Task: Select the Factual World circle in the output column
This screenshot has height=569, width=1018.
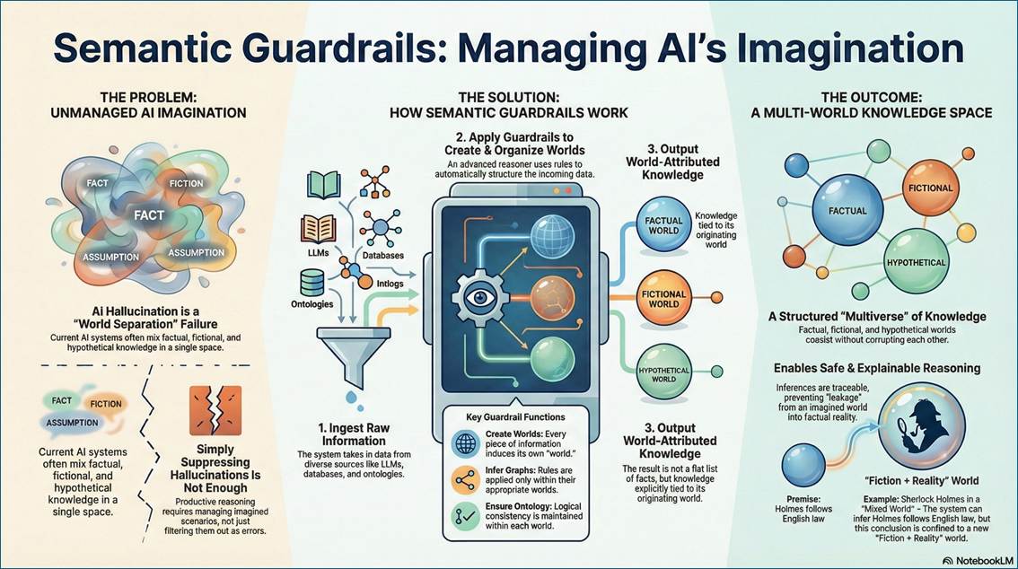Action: (663, 225)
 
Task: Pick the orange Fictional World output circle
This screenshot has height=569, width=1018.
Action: (663, 298)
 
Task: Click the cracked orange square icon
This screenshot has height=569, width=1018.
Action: (215, 409)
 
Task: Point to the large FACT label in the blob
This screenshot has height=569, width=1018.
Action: (149, 214)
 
